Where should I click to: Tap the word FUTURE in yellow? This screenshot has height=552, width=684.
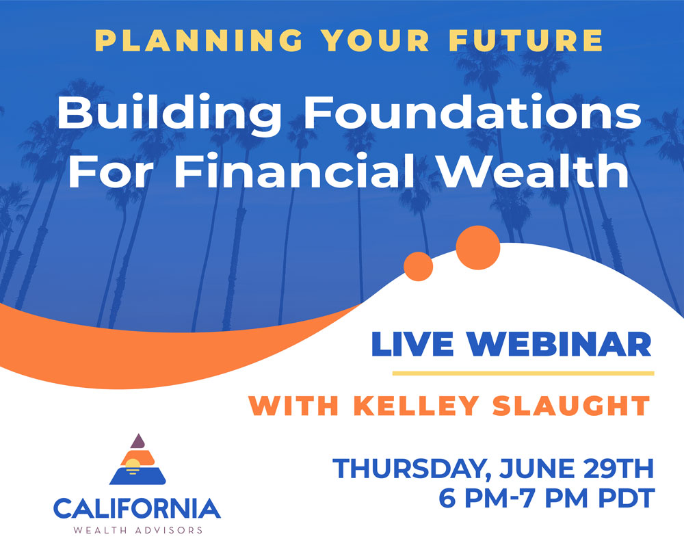[526, 40]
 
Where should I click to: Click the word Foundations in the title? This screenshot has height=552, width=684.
[473, 112]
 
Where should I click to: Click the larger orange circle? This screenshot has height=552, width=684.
[477, 248]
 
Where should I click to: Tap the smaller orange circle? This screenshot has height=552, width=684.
[419, 266]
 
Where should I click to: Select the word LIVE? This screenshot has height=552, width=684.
[412, 344]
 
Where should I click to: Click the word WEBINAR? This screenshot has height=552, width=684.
[560, 344]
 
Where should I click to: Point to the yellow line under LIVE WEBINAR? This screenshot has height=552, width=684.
[523, 373]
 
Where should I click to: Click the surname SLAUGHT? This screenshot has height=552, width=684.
[571, 406]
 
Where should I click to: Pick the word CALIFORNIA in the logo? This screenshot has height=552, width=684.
[137, 508]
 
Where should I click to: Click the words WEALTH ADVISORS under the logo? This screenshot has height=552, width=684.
[138, 531]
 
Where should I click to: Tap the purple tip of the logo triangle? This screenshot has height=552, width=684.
[138, 441]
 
